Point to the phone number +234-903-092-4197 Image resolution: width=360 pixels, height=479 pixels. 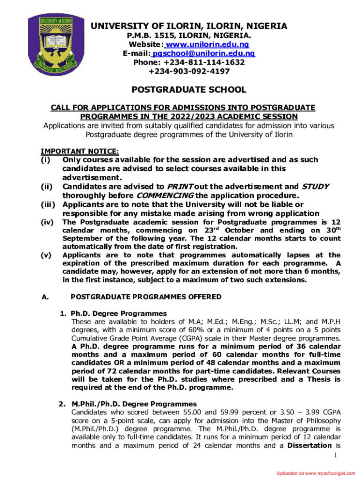click(x=189, y=71)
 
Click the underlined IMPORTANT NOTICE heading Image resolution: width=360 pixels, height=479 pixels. click(x=80, y=151)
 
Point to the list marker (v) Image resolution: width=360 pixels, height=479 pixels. click(x=46, y=255)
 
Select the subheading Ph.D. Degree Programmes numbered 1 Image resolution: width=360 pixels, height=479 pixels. click(x=118, y=313)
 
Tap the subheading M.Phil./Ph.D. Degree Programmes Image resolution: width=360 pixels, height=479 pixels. click(x=134, y=404)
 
